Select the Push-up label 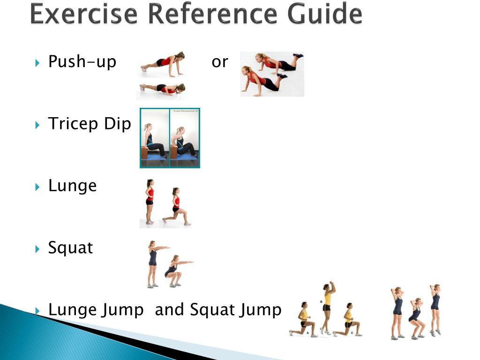(82, 61)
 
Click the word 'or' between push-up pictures (219, 61)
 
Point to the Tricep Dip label (90, 124)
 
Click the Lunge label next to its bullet (72, 186)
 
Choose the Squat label (70, 247)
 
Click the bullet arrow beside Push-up (38, 62)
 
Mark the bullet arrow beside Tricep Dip (38, 124)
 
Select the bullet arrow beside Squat (38, 248)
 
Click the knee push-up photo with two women (272, 74)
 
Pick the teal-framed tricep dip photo (170, 138)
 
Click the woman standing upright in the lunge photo (150, 202)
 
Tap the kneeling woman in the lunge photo (176, 209)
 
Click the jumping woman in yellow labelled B (327, 307)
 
